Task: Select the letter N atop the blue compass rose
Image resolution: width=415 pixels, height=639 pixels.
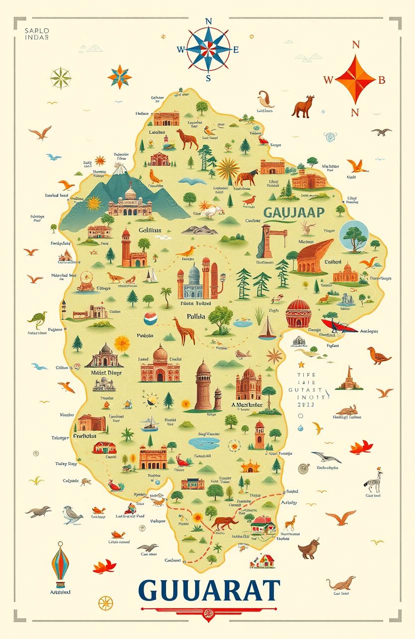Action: click(x=208, y=21)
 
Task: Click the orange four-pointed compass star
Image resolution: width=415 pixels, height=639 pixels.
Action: click(x=354, y=79)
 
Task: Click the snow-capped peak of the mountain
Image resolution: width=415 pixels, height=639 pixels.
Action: click(x=119, y=170)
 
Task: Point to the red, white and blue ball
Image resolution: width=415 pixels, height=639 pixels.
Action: click(x=150, y=319)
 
